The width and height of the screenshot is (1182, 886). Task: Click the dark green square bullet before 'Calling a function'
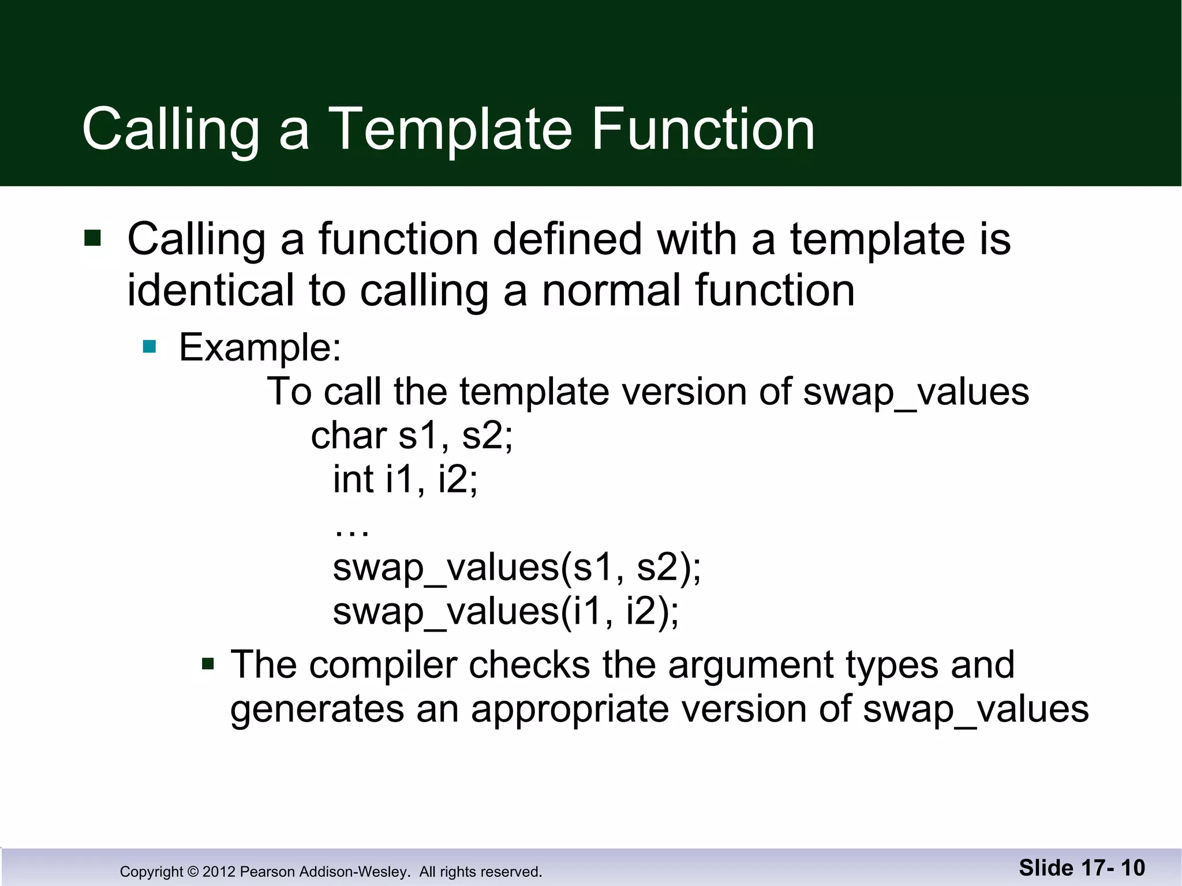(x=92, y=238)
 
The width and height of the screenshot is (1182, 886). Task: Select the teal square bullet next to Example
(x=149, y=346)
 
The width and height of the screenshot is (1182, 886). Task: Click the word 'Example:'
(x=260, y=348)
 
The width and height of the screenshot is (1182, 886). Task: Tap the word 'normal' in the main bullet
(x=611, y=290)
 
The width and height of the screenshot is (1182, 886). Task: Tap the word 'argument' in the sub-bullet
(x=750, y=665)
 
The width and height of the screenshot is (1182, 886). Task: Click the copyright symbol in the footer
(x=193, y=872)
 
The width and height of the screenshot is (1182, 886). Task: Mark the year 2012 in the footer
(x=219, y=872)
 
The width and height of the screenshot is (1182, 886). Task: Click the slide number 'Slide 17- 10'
(x=1082, y=868)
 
